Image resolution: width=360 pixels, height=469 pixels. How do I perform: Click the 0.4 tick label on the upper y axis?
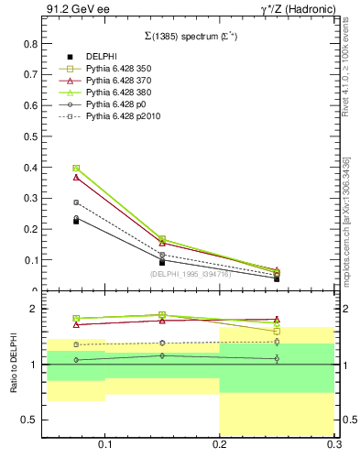click(x=30, y=168)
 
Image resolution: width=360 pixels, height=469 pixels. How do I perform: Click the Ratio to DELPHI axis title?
click(x=14, y=365)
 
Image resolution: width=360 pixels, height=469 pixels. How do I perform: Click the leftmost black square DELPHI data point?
click(x=76, y=221)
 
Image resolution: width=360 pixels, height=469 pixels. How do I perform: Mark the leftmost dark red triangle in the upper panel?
click(x=76, y=177)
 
